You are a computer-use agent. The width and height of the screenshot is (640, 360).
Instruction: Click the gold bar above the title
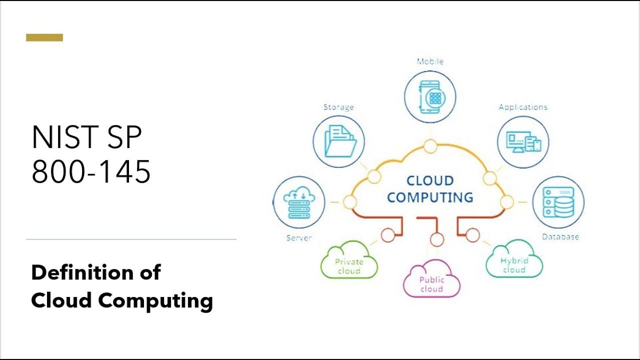click(44, 37)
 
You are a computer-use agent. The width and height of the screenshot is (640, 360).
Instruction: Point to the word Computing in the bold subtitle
click(155, 300)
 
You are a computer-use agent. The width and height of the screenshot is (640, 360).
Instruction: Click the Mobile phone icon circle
click(430, 97)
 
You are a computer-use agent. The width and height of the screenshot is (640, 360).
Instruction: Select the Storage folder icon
click(339, 141)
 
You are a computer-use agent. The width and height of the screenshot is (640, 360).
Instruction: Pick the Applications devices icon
click(523, 141)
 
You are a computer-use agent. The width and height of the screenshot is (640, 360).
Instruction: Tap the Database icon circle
click(557, 202)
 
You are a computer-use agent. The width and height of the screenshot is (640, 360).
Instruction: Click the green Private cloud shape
click(349, 261)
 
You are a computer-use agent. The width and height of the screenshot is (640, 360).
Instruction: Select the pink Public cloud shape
click(431, 280)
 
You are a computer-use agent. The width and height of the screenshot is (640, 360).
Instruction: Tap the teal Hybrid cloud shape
click(514, 260)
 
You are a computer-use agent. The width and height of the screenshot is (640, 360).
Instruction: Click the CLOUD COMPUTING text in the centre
click(430, 189)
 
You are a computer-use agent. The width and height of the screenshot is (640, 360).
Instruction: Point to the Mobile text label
click(430, 61)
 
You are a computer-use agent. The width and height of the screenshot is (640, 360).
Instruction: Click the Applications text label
click(523, 107)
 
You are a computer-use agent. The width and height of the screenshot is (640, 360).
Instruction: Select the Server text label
click(298, 238)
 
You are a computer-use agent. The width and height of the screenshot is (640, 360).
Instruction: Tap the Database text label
click(560, 237)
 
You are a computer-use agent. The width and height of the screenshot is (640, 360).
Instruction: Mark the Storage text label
click(338, 107)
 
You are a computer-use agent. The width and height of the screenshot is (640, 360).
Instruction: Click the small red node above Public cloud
click(437, 239)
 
